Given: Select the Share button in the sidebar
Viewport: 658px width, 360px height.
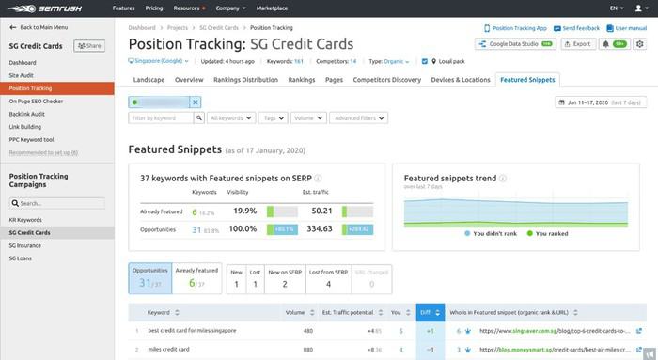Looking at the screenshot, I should point(89,45).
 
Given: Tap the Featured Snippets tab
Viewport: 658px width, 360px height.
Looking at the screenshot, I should point(527,80).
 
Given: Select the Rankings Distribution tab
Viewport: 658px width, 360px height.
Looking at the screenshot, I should point(245,80).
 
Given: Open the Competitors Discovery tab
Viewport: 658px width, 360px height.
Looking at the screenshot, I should point(386,80).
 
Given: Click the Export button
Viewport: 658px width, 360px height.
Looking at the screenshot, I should point(579,43).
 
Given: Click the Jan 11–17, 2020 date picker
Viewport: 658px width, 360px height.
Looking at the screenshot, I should point(602,102).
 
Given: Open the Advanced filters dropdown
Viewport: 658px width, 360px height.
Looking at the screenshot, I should point(358,118).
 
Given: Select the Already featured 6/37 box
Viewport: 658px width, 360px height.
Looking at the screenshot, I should point(197,277).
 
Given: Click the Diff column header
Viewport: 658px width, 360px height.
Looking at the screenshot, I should point(425,311).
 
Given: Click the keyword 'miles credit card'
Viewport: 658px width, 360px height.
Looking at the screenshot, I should point(169,350).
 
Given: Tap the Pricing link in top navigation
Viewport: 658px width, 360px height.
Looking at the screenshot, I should point(155,8).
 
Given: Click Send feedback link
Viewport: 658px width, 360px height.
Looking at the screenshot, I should point(578,29).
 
